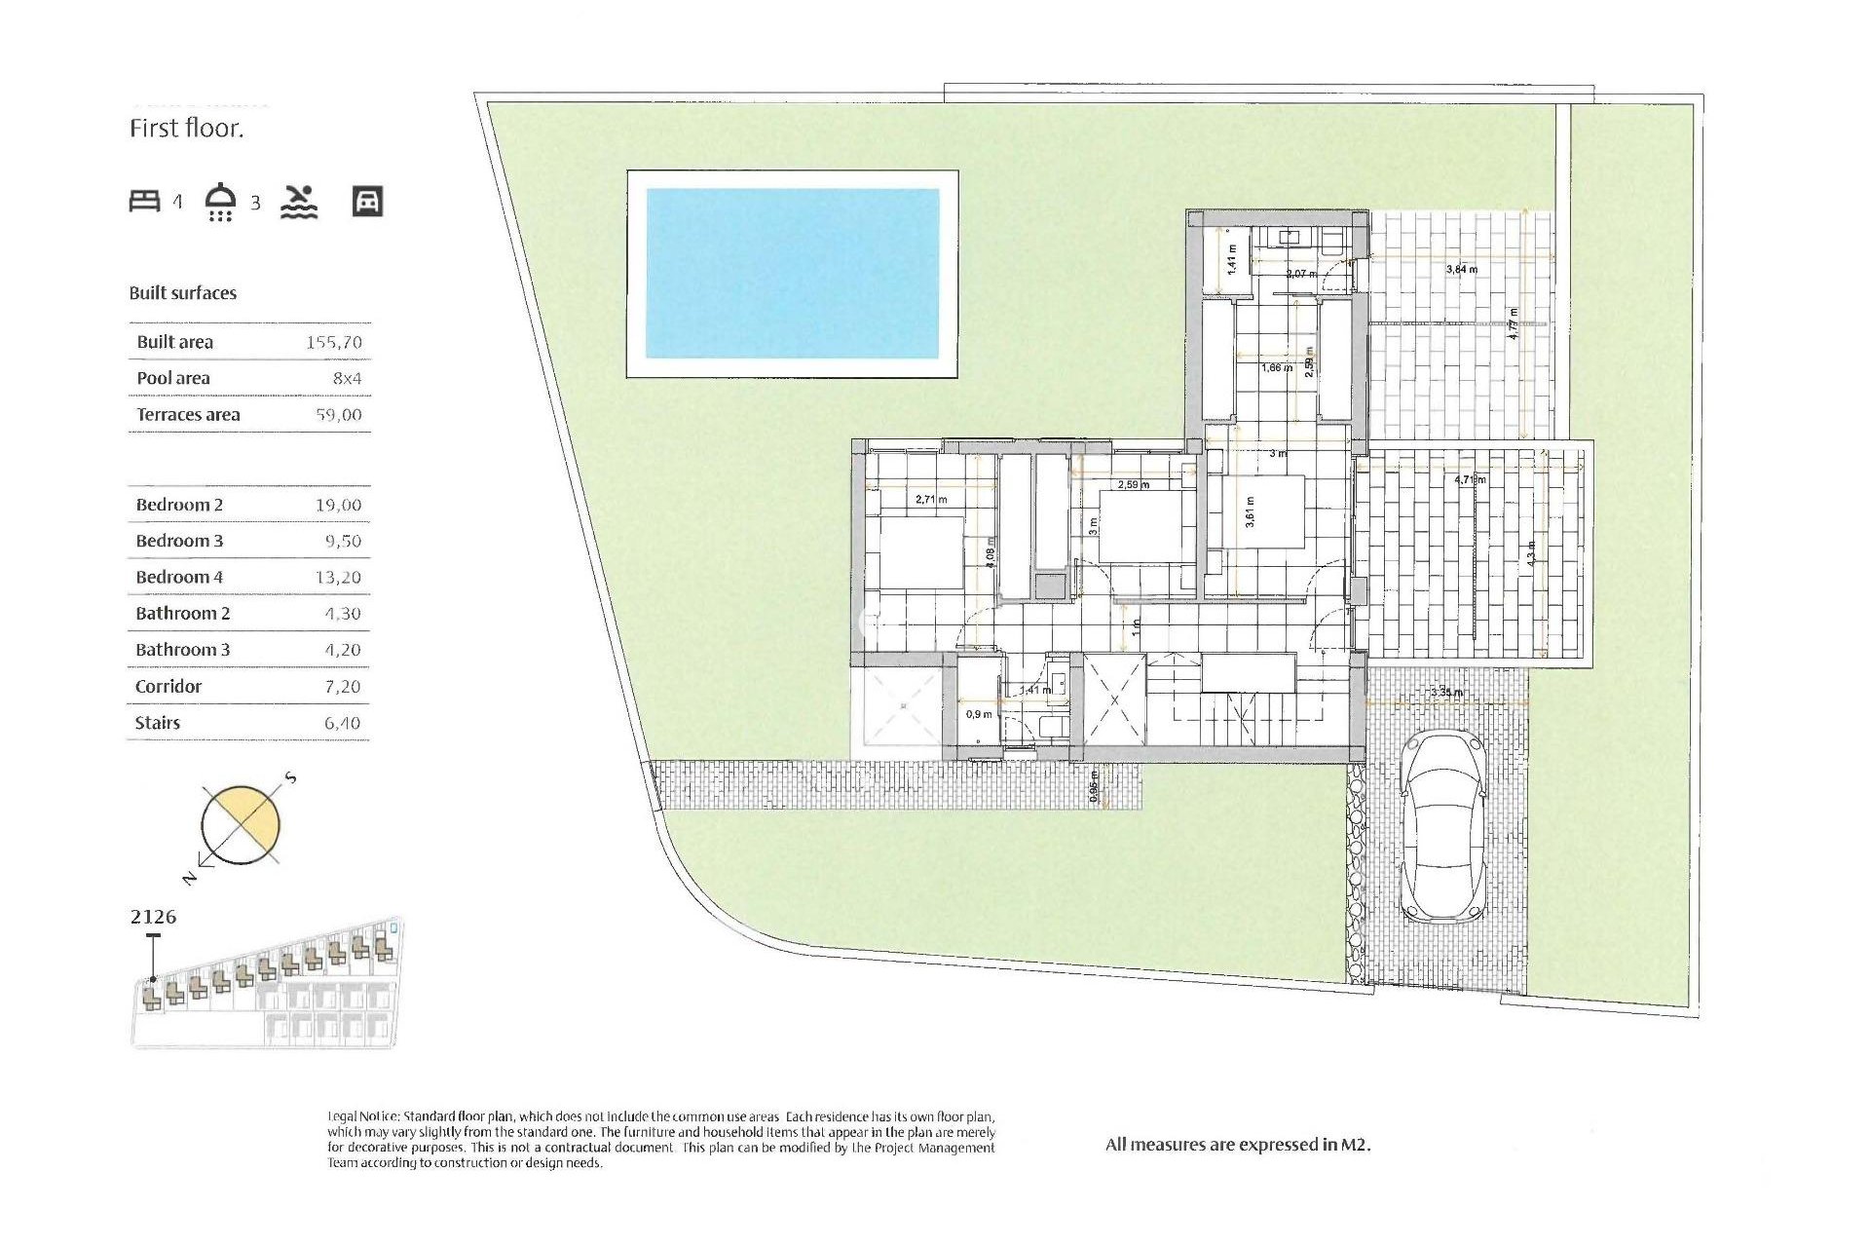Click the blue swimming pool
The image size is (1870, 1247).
792,274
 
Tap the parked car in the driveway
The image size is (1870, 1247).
1442,828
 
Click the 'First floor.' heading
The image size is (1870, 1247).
186,129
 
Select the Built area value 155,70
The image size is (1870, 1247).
333,342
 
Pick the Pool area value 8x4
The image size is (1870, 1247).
347,378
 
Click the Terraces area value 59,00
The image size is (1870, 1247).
338,414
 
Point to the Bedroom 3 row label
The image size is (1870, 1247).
179,541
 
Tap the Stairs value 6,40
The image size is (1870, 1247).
342,723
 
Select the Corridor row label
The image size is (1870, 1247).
168,686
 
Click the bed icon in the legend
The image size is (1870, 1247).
144,202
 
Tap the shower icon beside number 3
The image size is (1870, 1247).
221,202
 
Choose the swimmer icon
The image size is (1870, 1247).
299,202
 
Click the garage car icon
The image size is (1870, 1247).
367,202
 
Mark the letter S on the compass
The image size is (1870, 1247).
290,778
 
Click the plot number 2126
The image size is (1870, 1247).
153,917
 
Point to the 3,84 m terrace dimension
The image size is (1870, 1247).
1461,269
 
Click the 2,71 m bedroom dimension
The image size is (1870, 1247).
931,499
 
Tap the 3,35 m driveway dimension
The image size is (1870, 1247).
1446,693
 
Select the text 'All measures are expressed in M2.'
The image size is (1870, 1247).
1237,1145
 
